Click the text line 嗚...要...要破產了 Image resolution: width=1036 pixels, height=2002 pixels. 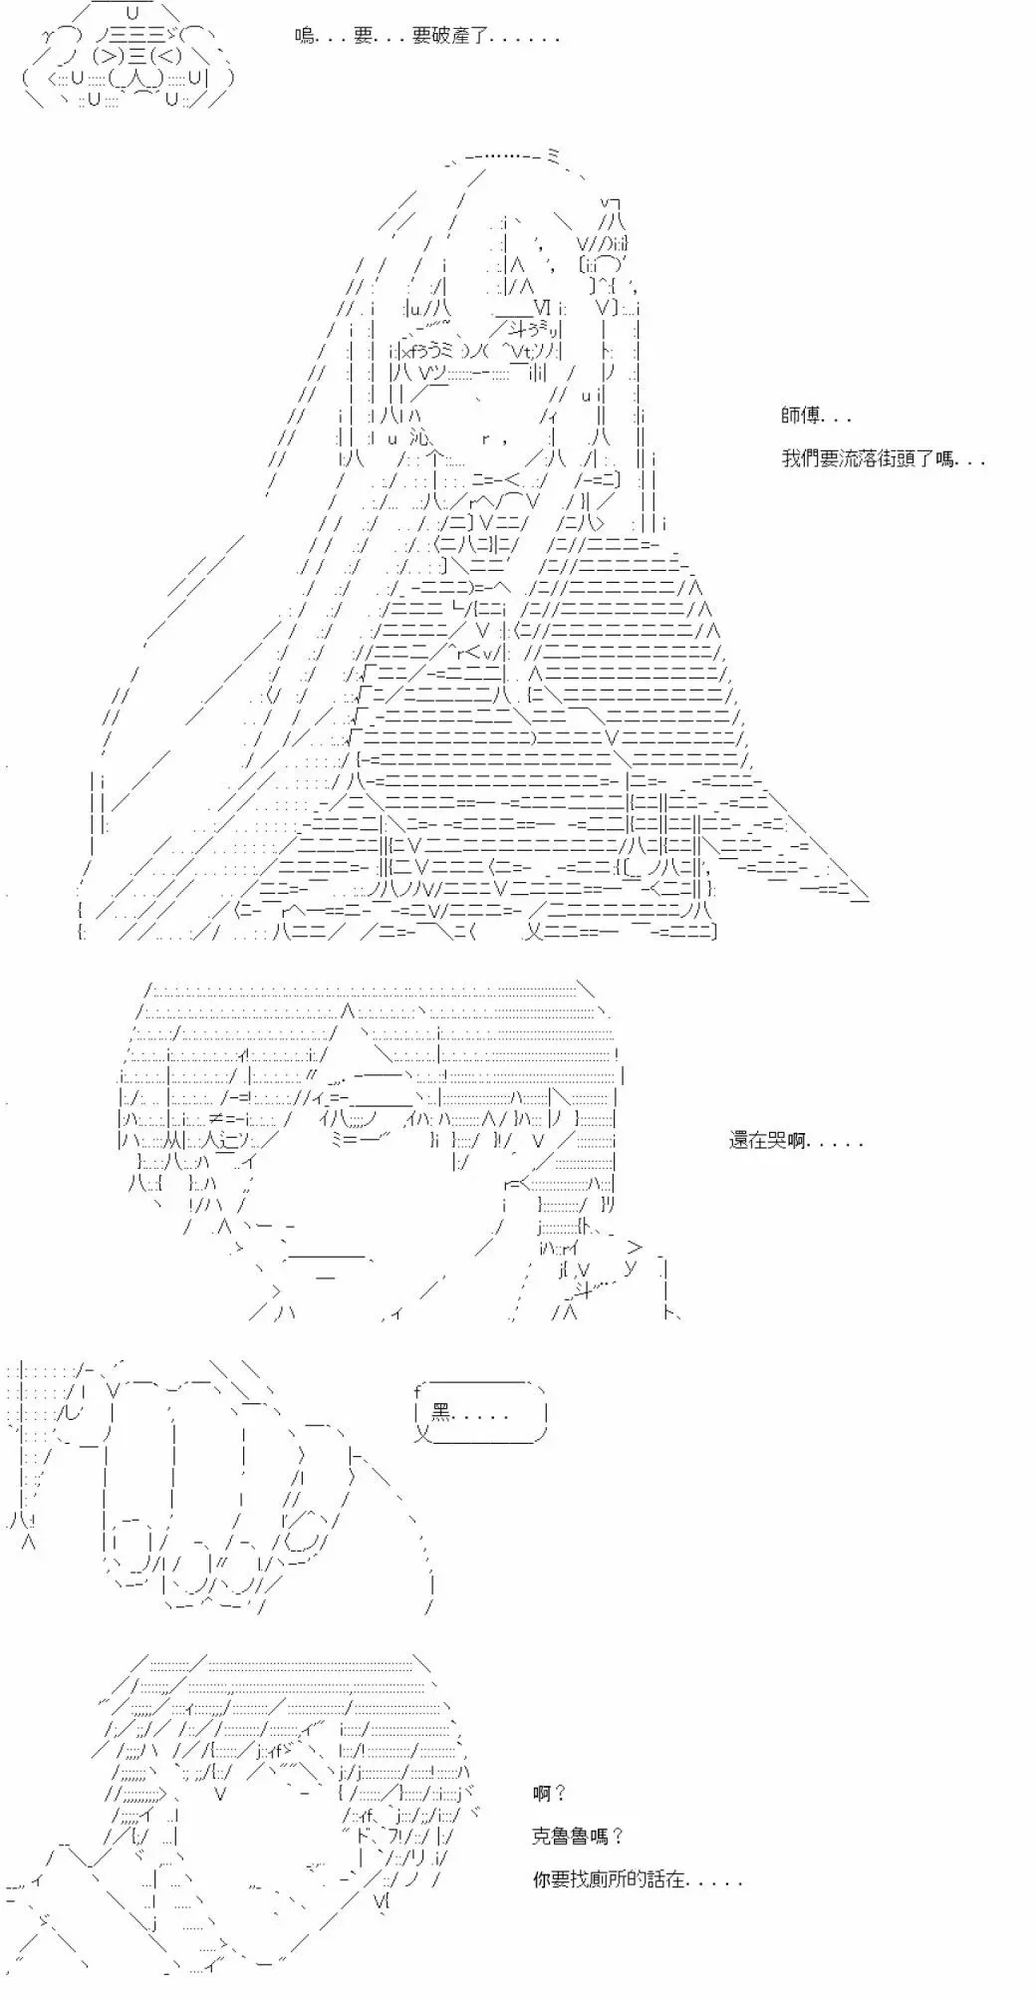pyautogui.click(x=427, y=37)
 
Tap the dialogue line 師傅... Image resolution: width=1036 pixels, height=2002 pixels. pyautogui.click(x=816, y=417)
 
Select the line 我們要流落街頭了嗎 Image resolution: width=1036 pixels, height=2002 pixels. pyautogui.click(x=884, y=458)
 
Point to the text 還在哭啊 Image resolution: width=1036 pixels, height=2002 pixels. pyautogui.click(x=796, y=1141)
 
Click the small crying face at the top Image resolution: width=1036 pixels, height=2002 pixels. pyautogui.click(x=128, y=62)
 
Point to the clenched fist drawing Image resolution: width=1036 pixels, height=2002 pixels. pyautogui.click(x=249, y=1485)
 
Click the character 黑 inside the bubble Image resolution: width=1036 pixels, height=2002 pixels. pyautogui.click(x=441, y=1412)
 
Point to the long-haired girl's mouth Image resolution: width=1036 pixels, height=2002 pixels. pyautogui.click(x=495, y=436)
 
